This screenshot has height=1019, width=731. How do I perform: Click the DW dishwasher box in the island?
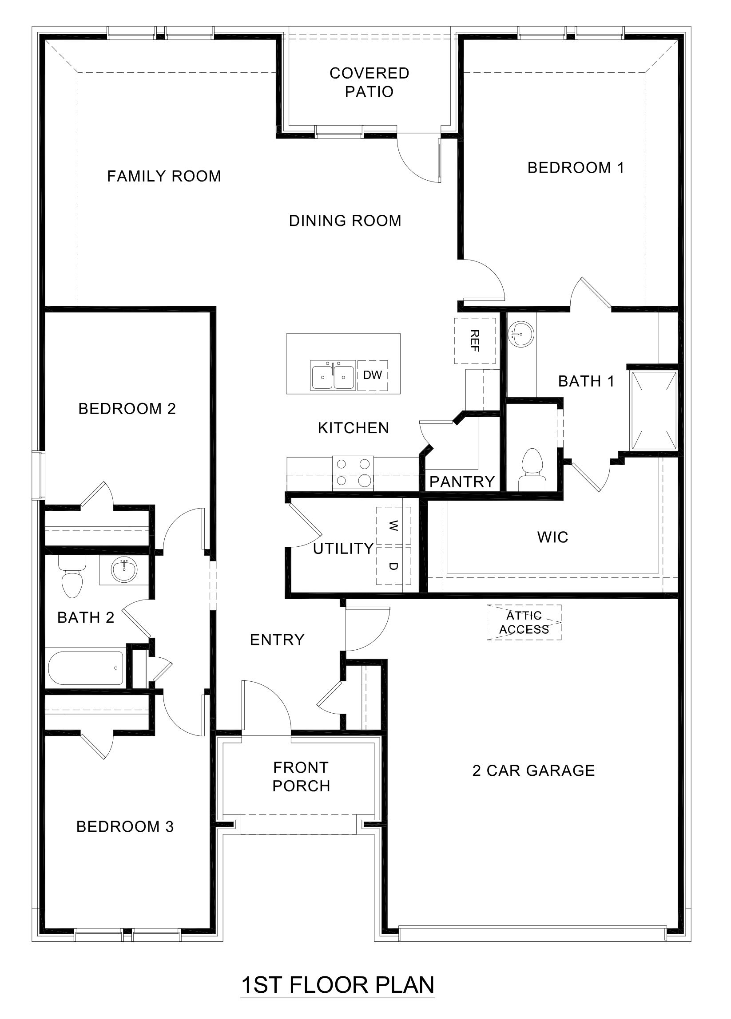[x=372, y=375]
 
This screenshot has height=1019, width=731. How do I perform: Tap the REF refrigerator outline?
[x=475, y=340]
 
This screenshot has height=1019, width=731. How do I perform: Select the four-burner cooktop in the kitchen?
[x=353, y=474]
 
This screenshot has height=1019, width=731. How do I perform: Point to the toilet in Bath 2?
[x=72, y=578]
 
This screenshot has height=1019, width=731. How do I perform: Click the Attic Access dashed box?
[x=524, y=622]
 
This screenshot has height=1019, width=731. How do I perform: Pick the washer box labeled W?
[x=393, y=525]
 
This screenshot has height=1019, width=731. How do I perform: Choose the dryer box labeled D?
[x=393, y=566]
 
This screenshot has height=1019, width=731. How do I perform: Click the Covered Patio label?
[x=369, y=82]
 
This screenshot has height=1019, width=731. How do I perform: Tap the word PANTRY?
[x=462, y=482]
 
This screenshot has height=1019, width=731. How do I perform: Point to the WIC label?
[x=552, y=537]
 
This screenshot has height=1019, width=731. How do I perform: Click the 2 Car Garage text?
[x=533, y=770]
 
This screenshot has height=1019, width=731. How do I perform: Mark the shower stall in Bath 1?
[x=653, y=410]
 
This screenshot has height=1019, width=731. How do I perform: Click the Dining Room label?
[x=345, y=221]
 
